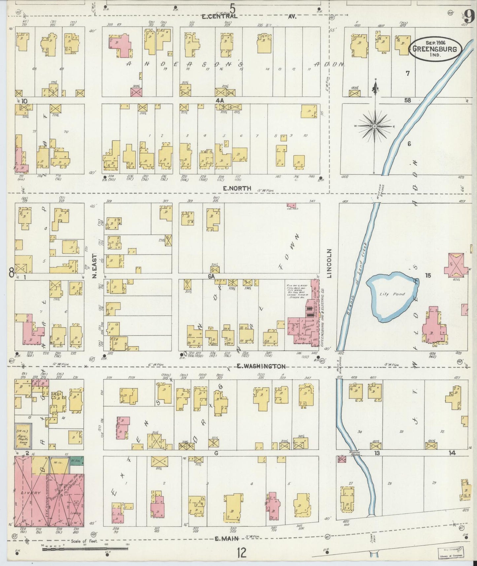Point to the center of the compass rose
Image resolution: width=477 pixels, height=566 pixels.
(x=375, y=126)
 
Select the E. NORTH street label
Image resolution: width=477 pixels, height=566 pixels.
(x=237, y=188)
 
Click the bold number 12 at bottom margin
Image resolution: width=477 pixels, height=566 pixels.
(x=241, y=552)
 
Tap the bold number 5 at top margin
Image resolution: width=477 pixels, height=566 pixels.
(x=233, y=7)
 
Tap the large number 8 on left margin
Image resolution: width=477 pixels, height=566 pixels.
(x=12, y=272)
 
